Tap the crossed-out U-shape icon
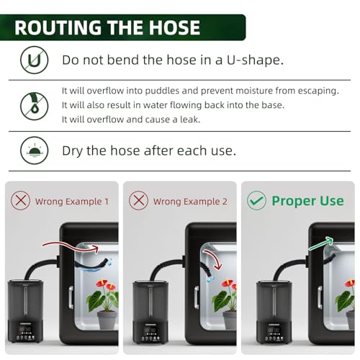pos(35,60)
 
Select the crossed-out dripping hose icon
pos(35,106)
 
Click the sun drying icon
pos(35,150)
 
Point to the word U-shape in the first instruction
pos(255,60)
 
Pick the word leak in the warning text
pos(190,120)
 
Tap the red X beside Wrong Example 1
pos(21,201)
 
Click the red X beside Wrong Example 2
pos(138,201)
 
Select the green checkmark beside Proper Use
pos(256,201)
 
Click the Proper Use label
pos(307,201)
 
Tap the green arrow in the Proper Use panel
pos(321,243)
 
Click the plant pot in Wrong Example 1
pos(107,320)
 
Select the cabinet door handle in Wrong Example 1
pos(71,297)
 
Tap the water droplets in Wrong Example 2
pos(210,279)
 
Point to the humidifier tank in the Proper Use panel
pos(274,300)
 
